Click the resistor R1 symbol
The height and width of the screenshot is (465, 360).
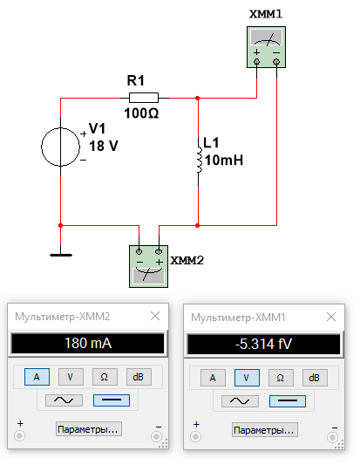pyautogui.click(x=144, y=98)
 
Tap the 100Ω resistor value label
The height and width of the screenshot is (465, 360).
pyautogui.click(x=141, y=113)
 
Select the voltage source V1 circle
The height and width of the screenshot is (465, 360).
pyautogui.click(x=60, y=147)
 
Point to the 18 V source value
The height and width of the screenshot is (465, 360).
pyautogui.click(x=104, y=146)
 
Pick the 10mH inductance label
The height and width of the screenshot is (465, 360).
pyautogui.click(x=224, y=161)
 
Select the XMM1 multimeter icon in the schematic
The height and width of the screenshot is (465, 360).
pyautogui.click(x=266, y=47)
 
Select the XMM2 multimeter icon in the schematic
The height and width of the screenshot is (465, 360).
pyautogui.click(x=148, y=266)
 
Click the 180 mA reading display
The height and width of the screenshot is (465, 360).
pyautogui.click(x=88, y=344)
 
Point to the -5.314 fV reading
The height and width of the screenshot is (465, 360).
pyautogui.click(x=264, y=345)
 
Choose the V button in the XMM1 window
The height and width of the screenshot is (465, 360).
pyautogui.click(x=247, y=378)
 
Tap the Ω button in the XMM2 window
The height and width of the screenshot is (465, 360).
pyautogui.click(x=105, y=377)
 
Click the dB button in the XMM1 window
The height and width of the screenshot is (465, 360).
pyautogui.click(x=315, y=378)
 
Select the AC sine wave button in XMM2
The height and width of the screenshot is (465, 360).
pyautogui.click(x=64, y=400)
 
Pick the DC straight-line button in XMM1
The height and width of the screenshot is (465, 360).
pyautogui.click(x=288, y=401)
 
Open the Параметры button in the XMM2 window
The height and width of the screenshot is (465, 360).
pyautogui.click(x=89, y=429)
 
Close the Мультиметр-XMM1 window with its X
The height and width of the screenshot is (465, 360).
pyautogui.click(x=331, y=317)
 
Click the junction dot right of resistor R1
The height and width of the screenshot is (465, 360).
pyautogui.click(x=197, y=98)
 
